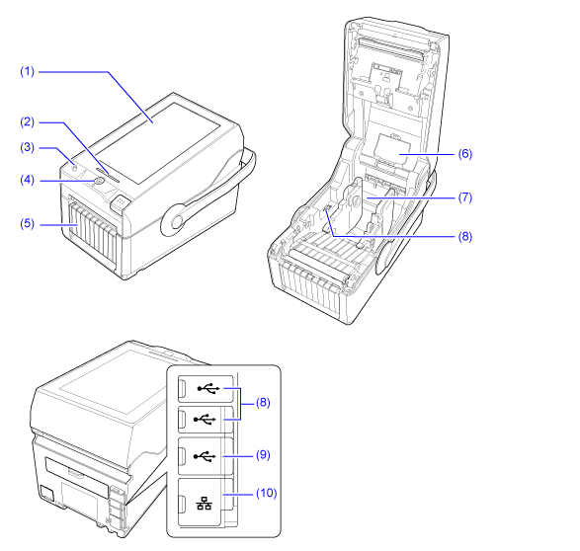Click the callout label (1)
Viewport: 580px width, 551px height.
click(27, 71)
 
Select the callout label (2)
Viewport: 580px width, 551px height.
click(27, 122)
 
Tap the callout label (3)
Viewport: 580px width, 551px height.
click(27, 147)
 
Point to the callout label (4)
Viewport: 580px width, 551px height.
click(27, 180)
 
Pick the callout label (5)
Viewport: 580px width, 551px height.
click(27, 223)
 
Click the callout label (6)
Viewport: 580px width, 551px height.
click(465, 153)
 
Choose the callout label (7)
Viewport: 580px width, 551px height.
click(465, 197)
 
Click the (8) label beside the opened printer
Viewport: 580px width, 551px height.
click(465, 236)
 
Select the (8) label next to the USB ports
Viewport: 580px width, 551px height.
click(263, 402)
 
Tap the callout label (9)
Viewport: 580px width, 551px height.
click(263, 454)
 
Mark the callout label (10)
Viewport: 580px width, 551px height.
click(267, 493)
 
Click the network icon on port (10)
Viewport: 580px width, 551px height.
click(205, 503)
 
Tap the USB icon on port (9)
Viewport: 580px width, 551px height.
click(205, 456)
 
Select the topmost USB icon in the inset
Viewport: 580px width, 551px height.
click(208, 388)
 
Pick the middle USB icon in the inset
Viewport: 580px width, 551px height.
click(205, 419)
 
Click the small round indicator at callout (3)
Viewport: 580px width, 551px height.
click(74, 168)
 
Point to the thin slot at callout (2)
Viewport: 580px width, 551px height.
click(108, 175)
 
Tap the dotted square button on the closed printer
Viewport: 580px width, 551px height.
click(120, 202)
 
